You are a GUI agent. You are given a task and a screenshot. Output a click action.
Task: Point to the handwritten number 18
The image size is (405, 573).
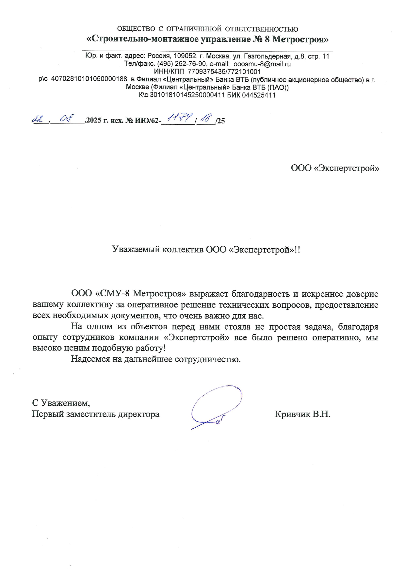pos(206,118)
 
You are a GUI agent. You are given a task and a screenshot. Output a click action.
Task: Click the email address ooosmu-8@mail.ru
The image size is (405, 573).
pos(262,64)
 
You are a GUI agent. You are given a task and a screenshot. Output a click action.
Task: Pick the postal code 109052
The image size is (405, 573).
pos(184,56)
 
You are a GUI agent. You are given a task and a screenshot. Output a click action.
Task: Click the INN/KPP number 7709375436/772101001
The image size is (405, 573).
pos(224,72)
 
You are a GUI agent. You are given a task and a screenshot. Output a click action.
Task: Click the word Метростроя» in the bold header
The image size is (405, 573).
pos(300,40)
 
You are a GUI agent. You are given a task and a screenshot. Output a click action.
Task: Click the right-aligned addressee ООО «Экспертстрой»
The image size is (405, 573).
pos(335,168)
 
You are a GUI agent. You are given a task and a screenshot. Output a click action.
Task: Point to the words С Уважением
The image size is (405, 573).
pos(61,403)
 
